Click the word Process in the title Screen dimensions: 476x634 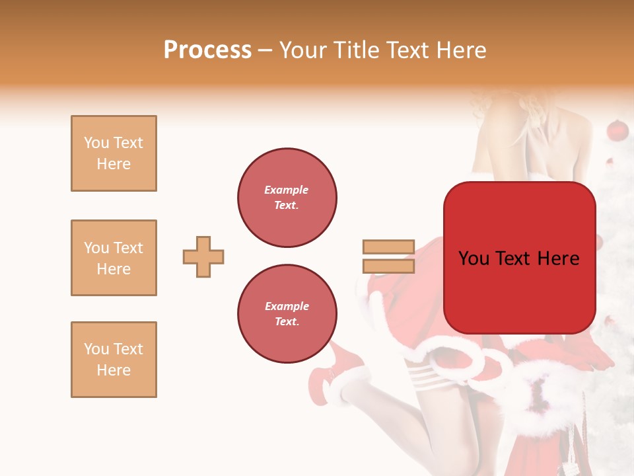(x=207, y=50)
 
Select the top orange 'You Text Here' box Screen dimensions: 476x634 (x=114, y=153)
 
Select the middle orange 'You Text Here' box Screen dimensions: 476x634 (x=114, y=258)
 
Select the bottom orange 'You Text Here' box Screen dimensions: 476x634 (x=114, y=360)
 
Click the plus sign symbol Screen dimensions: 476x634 (x=203, y=257)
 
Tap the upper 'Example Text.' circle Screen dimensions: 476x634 (x=287, y=197)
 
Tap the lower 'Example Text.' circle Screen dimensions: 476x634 (x=287, y=313)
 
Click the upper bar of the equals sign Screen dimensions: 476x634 (x=388, y=247)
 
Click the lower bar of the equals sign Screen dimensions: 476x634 (x=388, y=266)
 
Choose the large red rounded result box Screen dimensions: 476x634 (x=519, y=258)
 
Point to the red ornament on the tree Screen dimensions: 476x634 (x=617, y=130)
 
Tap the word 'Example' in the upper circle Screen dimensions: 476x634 (x=287, y=190)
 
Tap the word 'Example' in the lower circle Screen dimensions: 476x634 (x=287, y=306)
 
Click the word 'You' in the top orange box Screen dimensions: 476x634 (x=95, y=143)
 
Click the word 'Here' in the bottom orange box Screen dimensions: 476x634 (x=114, y=370)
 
